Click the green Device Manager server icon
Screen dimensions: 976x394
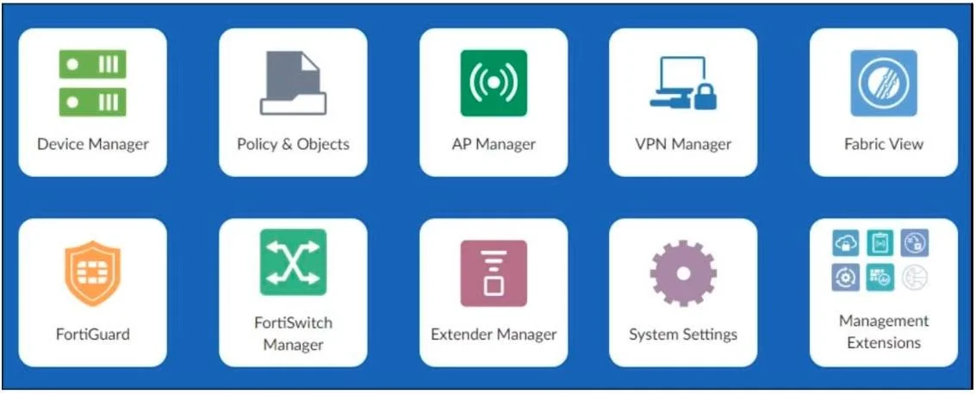pos(93,83)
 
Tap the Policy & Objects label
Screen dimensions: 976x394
pos(293,145)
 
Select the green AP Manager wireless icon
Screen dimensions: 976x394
pos(494,83)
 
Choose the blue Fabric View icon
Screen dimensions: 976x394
pos(884,83)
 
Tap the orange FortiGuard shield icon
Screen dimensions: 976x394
pos(93,273)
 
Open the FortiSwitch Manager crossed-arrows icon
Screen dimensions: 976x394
pos(293,262)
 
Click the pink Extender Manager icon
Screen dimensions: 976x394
pos(494,273)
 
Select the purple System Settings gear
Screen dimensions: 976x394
pos(683,273)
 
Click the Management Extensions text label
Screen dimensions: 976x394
pos(884,332)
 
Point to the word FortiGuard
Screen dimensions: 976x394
pos(93,335)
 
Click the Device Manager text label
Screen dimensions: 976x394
pos(93,145)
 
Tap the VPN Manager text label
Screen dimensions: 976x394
pos(683,145)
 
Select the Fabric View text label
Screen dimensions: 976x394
pos(884,145)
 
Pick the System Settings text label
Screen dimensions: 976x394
pos(683,335)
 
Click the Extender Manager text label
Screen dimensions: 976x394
pos(494,335)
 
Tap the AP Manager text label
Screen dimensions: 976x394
pos(494,145)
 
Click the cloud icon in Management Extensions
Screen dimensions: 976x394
pos(846,242)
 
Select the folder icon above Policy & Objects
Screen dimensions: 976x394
pos(293,83)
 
